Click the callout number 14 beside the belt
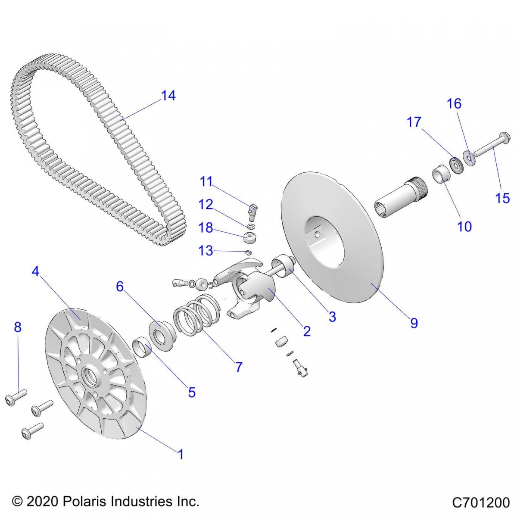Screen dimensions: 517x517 click(168, 96)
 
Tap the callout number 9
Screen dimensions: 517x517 click(414, 323)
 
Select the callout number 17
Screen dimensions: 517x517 click(414, 122)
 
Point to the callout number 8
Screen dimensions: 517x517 click(18, 327)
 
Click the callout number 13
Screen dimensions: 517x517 click(206, 250)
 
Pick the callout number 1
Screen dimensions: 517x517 click(181, 454)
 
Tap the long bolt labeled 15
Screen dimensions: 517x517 click(491, 147)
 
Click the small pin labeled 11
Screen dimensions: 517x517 click(252, 211)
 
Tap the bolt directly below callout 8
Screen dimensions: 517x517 click(16, 397)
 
